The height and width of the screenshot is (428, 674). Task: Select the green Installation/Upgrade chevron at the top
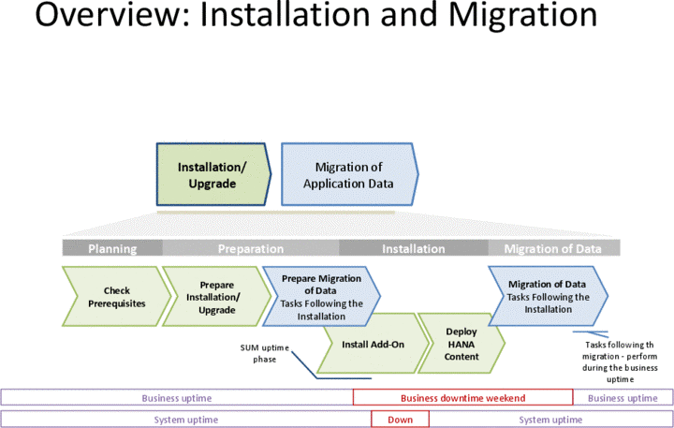tap(212, 175)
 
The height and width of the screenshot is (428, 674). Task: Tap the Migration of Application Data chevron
tap(347, 175)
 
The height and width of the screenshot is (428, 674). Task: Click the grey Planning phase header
tap(112, 248)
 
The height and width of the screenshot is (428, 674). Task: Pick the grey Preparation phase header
tap(251, 248)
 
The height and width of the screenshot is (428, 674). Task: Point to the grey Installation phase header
tap(413, 248)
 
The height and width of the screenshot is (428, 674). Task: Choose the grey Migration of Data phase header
tap(552, 248)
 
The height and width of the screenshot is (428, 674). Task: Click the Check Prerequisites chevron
tap(116, 297)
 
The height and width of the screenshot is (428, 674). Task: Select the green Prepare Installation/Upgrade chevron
tap(214, 297)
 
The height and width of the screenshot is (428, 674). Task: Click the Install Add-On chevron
tap(371, 345)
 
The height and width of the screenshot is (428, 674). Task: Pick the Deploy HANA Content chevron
tap(462, 344)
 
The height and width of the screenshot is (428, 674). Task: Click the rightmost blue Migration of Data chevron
tap(549, 297)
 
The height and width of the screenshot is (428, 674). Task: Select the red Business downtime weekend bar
tap(462, 398)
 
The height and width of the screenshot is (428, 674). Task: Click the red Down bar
tap(400, 420)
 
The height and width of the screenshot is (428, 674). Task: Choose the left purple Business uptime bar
tap(177, 398)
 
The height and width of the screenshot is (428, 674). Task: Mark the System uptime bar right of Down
tap(550, 420)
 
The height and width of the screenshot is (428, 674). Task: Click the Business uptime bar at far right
tap(623, 398)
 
